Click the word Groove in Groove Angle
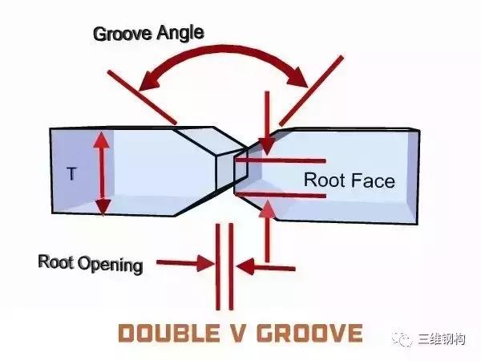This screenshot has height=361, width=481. click(121, 34)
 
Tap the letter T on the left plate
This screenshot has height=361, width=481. click(71, 172)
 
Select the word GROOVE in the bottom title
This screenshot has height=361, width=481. click(309, 333)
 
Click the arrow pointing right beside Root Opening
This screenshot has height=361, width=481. click(204, 262)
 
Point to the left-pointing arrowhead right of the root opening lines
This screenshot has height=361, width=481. click(245, 263)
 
